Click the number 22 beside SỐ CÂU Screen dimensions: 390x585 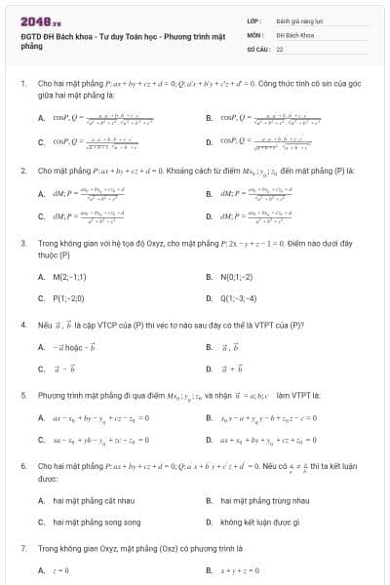(280, 47)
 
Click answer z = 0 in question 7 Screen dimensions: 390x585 (58, 569)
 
